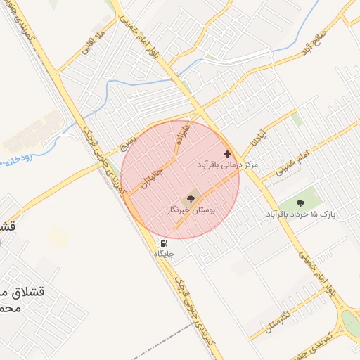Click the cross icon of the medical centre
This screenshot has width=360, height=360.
(226, 154)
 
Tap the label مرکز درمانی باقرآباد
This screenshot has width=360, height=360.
(227, 165)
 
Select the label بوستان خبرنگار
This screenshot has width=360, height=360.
(191, 210)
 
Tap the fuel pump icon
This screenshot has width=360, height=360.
(164, 244)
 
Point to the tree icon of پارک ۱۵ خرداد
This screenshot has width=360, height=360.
(301, 203)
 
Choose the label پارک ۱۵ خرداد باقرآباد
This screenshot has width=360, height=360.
(301, 213)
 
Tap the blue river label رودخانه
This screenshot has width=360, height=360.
(14, 162)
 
